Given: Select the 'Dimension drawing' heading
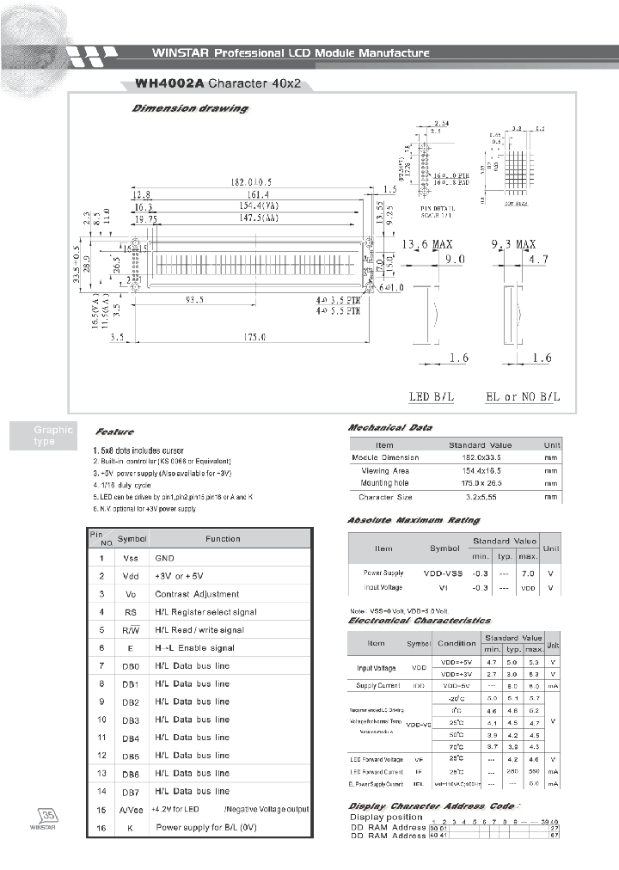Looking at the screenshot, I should click(189, 109).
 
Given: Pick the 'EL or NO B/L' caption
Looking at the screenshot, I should click(523, 396).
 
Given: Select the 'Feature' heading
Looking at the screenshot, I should click(114, 432).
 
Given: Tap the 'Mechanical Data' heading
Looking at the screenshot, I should click(389, 427).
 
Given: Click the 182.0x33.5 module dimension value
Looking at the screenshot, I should click(480, 457).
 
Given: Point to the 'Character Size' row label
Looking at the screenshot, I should click(385, 497).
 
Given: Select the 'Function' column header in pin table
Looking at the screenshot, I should click(223, 539).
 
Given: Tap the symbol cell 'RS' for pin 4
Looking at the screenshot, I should click(132, 612).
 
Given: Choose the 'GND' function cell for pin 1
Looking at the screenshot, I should click(164, 558).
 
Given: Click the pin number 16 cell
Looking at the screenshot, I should click(101, 827).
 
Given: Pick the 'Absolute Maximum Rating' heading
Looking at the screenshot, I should click(414, 520).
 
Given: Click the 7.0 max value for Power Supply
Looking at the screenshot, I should click(529, 573).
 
